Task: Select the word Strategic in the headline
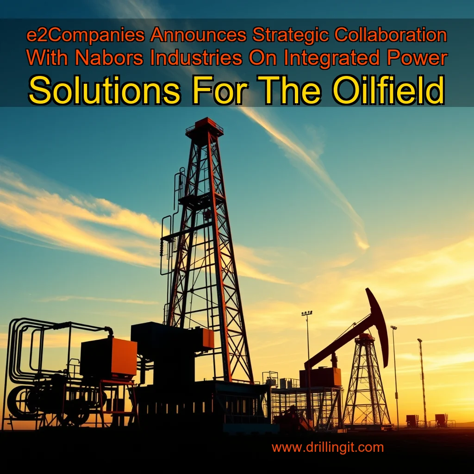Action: tap(289, 36)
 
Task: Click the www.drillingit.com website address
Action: tap(327, 448)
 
